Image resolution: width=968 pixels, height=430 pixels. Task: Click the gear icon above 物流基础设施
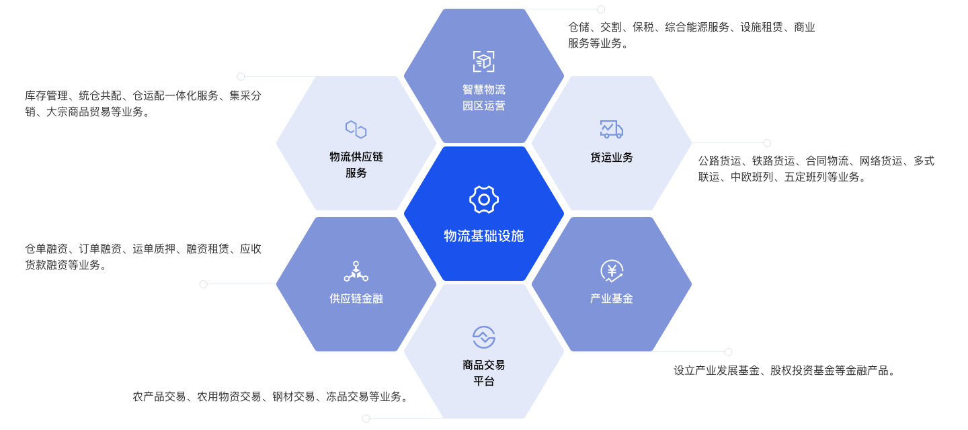coord(484,200)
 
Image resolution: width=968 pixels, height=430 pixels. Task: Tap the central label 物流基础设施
coord(484,236)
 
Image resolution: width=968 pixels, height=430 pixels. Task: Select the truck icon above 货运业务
coord(612,129)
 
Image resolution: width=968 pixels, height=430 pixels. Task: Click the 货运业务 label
coord(612,158)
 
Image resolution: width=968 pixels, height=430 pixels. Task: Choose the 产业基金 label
coord(612,298)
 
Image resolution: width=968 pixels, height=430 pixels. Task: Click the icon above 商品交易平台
coord(484,337)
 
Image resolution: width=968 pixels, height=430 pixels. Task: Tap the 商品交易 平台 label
coord(484,374)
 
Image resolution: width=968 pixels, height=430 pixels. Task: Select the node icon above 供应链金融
coord(356,271)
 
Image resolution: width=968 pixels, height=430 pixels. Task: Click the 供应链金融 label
coord(356,298)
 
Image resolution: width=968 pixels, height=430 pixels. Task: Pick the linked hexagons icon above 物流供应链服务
coord(356,129)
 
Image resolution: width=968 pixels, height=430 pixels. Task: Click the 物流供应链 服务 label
coord(356,165)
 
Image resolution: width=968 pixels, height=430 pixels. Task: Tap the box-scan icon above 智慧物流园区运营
coord(484,61)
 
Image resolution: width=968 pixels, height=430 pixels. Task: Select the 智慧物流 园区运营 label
coord(484,97)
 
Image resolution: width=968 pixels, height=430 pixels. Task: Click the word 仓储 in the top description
coord(579,28)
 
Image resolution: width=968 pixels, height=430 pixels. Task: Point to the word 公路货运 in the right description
coord(719,161)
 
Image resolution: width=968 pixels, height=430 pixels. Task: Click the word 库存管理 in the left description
coord(46,96)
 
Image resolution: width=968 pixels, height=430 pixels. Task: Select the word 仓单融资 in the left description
coord(46,249)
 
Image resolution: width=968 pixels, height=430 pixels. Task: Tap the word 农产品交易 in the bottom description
coord(159,397)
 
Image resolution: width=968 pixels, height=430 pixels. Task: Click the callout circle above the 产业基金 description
coord(728,352)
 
